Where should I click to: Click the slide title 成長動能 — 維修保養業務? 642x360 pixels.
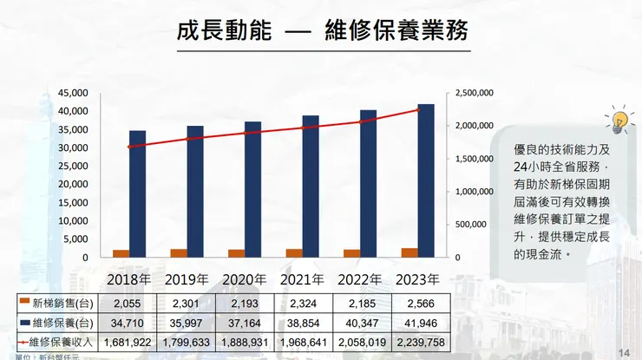pyautogui.click(x=322, y=33)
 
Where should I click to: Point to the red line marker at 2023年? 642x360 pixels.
pyautogui.click(x=417, y=110)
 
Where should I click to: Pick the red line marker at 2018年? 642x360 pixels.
pyautogui.click(x=129, y=147)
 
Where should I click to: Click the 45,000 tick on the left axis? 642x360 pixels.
pyautogui.click(x=73, y=93)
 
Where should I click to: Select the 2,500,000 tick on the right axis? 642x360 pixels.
pyautogui.click(x=474, y=93)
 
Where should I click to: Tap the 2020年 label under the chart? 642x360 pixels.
pyautogui.click(x=245, y=280)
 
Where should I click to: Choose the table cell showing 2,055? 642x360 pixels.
pyautogui.click(x=127, y=303)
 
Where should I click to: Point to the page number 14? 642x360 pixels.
pyautogui.click(x=623, y=350)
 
